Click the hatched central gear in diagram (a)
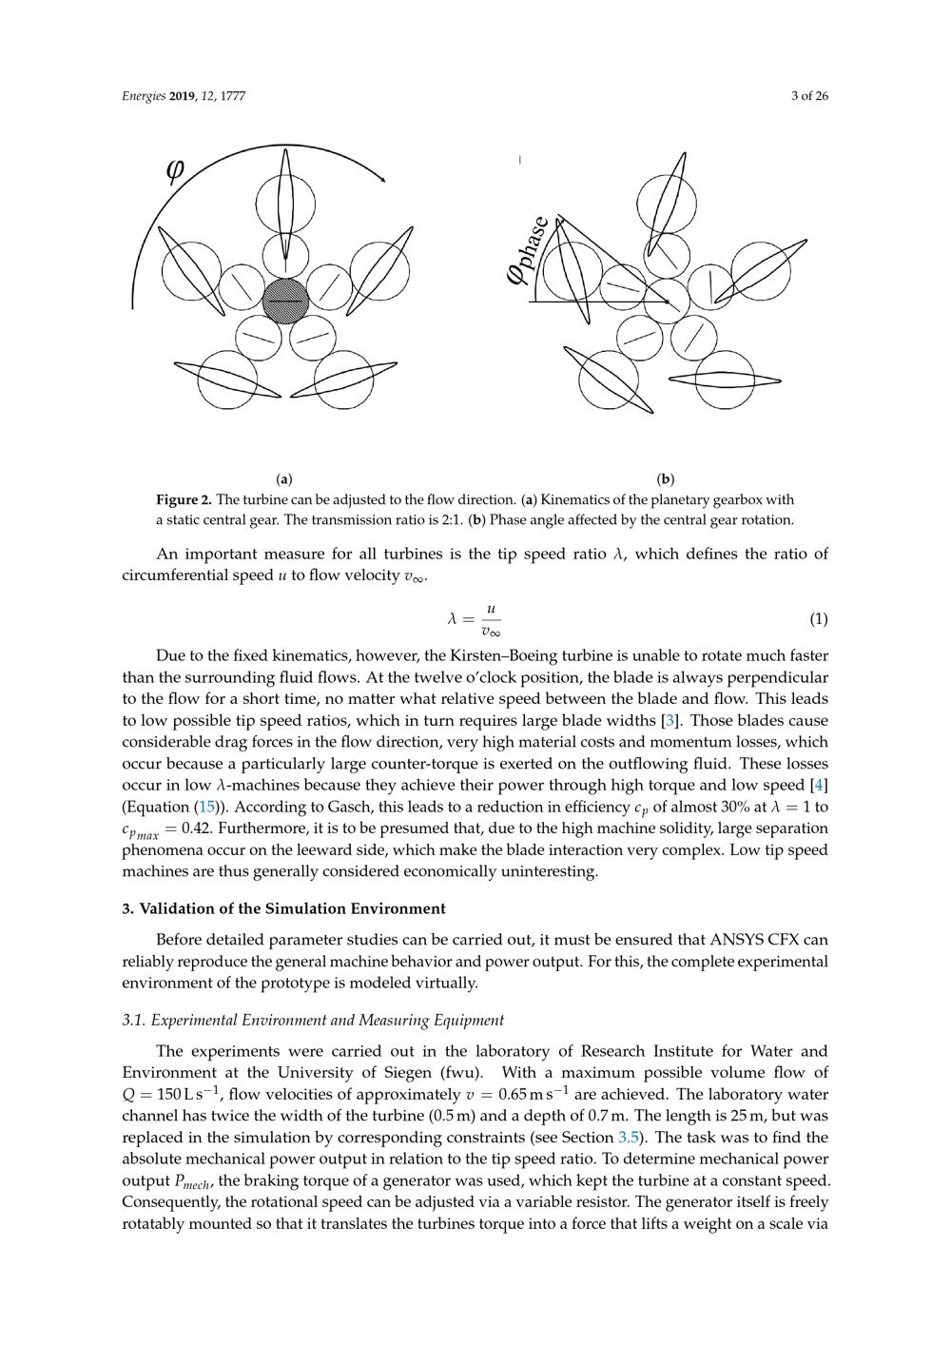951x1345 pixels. pyautogui.click(x=285, y=301)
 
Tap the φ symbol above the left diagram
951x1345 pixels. pyautogui.click(x=176, y=170)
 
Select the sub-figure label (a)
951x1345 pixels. pyautogui.click(x=283, y=478)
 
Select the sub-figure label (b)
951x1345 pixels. pyautogui.click(x=666, y=478)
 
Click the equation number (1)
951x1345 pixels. pyautogui.click(x=818, y=619)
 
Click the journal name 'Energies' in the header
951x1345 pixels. pyautogui.click(x=144, y=96)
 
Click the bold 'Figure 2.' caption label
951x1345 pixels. pyautogui.click(x=184, y=499)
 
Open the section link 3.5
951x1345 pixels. pyautogui.click(x=629, y=1138)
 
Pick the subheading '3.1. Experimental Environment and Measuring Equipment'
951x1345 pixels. pyautogui.click(x=313, y=1020)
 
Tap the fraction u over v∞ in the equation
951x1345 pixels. pyautogui.click(x=491, y=619)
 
